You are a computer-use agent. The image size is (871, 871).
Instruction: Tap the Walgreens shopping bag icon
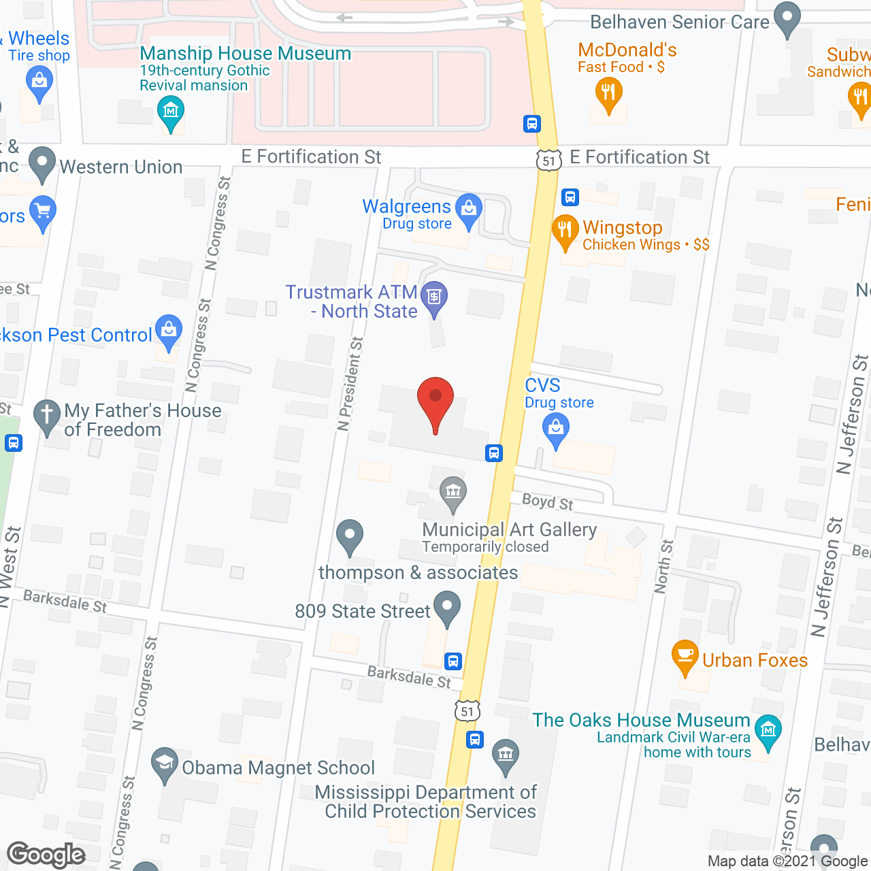tap(468, 208)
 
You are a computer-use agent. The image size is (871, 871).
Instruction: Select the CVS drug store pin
tap(556, 429)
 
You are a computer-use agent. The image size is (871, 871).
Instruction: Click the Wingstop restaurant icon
tap(565, 230)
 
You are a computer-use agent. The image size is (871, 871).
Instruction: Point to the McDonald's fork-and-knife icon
tap(608, 93)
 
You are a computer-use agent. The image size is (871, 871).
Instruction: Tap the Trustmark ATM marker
tap(433, 297)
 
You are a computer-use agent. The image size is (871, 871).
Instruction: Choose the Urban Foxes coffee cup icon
tap(685, 655)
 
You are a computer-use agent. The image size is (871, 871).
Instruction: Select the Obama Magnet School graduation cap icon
tap(164, 763)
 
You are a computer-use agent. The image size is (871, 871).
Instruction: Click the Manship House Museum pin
tap(170, 111)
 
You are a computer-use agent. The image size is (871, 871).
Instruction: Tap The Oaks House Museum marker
tap(768, 732)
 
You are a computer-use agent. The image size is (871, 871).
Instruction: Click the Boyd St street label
tap(547, 502)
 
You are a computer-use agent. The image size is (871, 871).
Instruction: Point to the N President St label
tap(350, 384)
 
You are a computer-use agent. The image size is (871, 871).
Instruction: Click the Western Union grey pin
tap(42, 163)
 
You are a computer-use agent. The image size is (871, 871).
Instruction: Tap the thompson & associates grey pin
tap(350, 535)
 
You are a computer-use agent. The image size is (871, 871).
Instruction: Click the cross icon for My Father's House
tap(47, 415)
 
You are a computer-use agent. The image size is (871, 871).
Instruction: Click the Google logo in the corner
tap(46, 855)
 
